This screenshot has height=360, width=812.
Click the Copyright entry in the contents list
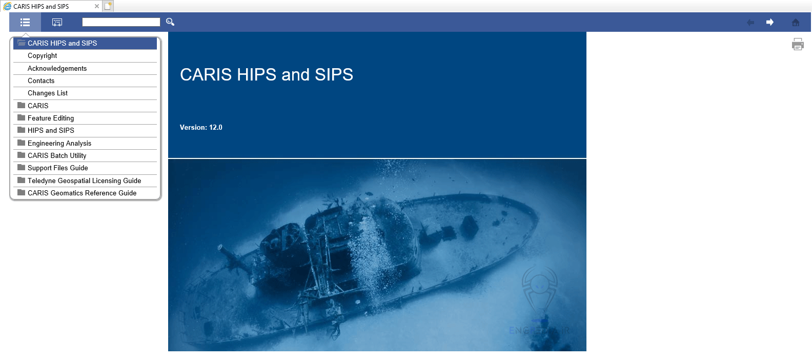[43, 56]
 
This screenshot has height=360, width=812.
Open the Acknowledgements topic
[57, 69]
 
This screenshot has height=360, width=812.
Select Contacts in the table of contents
[41, 81]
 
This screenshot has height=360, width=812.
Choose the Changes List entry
[48, 93]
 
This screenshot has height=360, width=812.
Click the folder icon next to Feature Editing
[21, 118]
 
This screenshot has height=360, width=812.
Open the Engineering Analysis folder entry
[59, 144]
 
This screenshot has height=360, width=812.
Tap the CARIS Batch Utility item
[57, 156]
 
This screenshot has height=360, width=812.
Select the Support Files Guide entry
[57, 168]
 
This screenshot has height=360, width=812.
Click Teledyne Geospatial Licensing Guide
[84, 181]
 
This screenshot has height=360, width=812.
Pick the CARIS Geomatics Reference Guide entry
[82, 193]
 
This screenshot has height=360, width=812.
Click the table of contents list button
[25, 22]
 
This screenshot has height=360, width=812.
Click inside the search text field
[121, 22]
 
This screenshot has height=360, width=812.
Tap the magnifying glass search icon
[170, 22]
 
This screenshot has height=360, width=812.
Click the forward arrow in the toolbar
[769, 22]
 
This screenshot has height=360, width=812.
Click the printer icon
[798, 45]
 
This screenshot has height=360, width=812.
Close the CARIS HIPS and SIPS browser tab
[97, 6]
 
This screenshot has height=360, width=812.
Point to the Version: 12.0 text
[201, 128]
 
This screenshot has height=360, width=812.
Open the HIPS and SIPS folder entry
[51, 131]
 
